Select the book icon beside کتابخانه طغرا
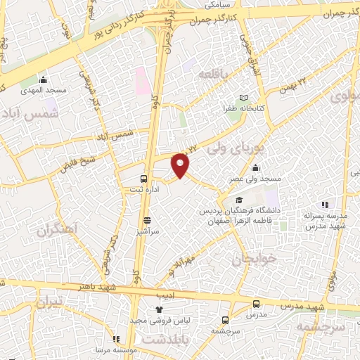(244, 98)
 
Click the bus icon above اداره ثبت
(143, 178)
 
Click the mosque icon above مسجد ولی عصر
(255, 168)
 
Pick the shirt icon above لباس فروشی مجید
(160, 309)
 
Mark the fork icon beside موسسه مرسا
(115, 339)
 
